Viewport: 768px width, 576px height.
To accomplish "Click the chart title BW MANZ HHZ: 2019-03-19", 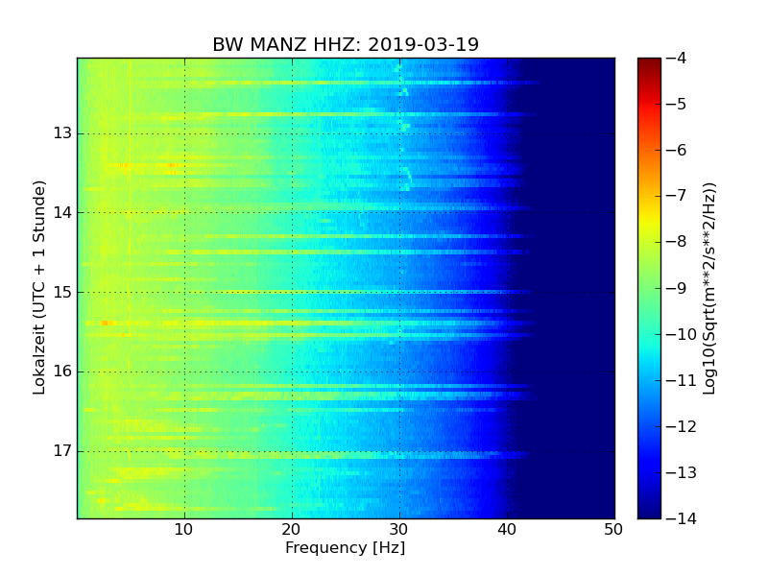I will [x=346, y=45].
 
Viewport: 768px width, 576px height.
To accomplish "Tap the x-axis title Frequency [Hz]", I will [x=345, y=548].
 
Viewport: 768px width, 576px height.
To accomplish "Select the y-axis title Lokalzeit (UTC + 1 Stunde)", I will [x=40, y=288].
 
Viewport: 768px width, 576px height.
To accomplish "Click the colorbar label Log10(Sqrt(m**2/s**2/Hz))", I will [x=709, y=288].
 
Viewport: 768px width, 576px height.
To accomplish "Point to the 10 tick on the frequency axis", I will [x=184, y=529].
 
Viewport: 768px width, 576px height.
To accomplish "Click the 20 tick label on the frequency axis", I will [x=292, y=529].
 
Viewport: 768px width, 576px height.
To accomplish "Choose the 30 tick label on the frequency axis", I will [x=399, y=529].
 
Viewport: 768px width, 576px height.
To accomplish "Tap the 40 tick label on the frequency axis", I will [x=507, y=529].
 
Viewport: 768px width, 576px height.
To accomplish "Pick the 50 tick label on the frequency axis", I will [x=613, y=529].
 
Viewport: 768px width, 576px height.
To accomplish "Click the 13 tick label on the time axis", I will [x=63, y=133].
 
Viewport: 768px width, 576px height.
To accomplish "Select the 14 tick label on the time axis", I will [x=63, y=212].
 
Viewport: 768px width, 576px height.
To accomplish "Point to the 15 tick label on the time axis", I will [x=63, y=292].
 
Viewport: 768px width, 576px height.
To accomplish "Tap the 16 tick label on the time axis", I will [x=63, y=372].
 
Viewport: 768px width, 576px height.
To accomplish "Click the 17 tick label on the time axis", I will [x=63, y=451].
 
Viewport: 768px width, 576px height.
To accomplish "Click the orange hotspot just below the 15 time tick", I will [x=108, y=323].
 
